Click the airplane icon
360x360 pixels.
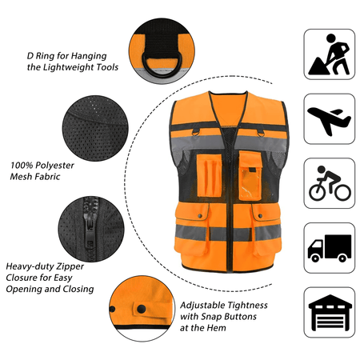tap(329, 121)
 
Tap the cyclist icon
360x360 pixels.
tap(330, 183)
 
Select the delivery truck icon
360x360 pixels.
tap(330, 248)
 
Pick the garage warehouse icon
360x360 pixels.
tap(330, 313)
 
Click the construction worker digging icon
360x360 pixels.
tap(329, 54)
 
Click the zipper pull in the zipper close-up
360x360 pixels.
tap(90, 233)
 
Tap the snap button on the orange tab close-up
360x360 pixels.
tap(141, 309)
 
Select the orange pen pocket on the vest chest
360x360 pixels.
tap(210, 175)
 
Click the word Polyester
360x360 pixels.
tap(54, 166)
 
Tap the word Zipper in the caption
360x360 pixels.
tap(70, 266)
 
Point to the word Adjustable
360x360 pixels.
tap(203, 305)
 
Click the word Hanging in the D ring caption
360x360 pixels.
tap(89, 56)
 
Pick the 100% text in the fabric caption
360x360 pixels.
tap(22, 166)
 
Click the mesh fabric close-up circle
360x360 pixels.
tap(95, 128)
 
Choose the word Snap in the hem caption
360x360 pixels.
tap(211, 317)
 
